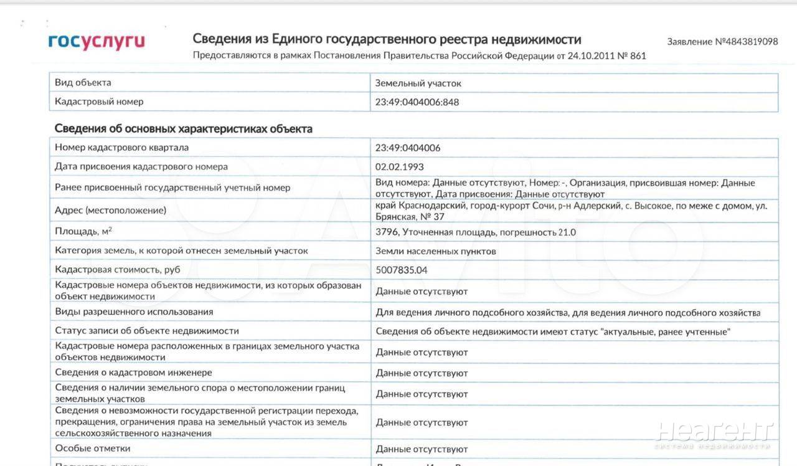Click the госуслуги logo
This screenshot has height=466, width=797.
[97, 42]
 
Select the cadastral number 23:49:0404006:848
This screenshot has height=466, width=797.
[417, 102]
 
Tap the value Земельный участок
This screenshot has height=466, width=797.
[418, 83]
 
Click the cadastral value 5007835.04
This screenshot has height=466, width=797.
[402, 270]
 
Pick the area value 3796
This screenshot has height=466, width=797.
[387, 232]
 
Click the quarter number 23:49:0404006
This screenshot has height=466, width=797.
[407, 148]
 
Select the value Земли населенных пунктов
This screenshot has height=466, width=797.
[435, 251]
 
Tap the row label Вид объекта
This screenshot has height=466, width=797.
[83, 82]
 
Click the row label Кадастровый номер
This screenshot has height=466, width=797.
[99, 102]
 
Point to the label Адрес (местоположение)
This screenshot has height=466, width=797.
[110, 211]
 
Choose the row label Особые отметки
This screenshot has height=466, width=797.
[93, 449]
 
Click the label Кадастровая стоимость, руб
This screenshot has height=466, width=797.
[118, 270]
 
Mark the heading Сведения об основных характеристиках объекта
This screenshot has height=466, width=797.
[183, 129]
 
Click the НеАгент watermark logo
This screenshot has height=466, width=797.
[714, 434]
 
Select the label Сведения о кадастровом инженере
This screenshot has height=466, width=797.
[133, 373]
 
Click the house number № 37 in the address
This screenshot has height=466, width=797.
[432, 217]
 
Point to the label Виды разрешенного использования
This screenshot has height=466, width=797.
[134, 311]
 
